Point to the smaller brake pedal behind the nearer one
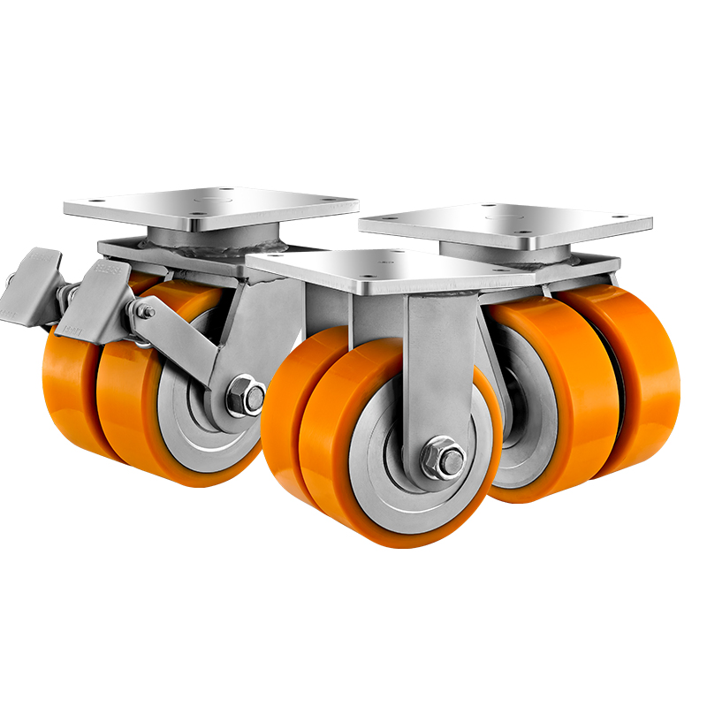point(37,265)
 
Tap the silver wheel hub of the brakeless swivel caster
point(516,415)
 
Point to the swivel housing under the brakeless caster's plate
point(495,253)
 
